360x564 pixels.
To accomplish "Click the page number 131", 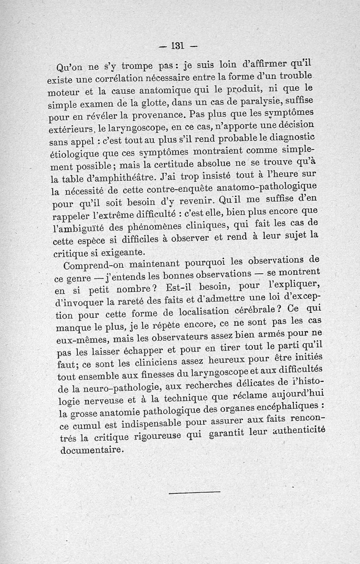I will pos(178,45).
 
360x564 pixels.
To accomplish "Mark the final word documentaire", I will pos(91,450).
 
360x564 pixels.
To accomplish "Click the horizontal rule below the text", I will pos(195,492).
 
